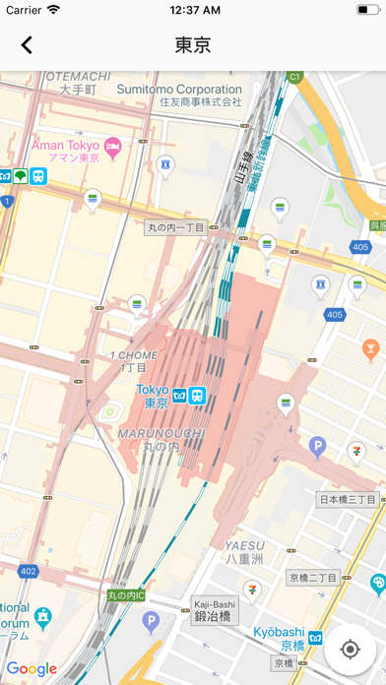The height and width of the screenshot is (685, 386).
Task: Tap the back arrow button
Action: (x=27, y=44)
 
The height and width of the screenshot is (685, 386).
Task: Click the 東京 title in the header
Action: (x=193, y=44)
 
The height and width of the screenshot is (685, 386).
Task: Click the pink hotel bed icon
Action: (x=111, y=146)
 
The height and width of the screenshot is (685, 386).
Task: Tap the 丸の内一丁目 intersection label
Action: (x=175, y=227)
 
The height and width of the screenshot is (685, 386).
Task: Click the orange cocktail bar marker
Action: (x=370, y=346)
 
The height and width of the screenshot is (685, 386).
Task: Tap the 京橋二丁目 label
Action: (x=313, y=577)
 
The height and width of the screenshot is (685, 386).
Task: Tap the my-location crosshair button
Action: (x=350, y=650)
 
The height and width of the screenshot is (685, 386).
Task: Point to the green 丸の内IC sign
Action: (x=126, y=594)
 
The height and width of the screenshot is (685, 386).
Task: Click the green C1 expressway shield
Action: (x=293, y=76)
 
